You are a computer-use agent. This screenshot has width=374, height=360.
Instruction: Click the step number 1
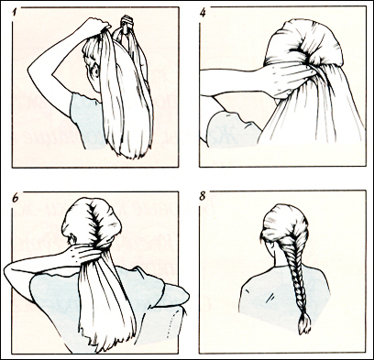(15, 13)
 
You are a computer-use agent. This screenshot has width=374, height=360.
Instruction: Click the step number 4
(203, 13)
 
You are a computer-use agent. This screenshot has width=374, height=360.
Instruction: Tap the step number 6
(16, 198)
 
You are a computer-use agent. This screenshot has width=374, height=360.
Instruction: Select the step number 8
(203, 196)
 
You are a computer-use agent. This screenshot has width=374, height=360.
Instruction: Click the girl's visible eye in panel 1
(95, 71)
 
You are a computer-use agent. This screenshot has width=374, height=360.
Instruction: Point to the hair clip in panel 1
(127, 23)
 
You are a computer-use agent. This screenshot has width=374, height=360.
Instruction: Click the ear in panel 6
(72, 239)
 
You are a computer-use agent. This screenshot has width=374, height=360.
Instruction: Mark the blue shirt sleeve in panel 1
(82, 117)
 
